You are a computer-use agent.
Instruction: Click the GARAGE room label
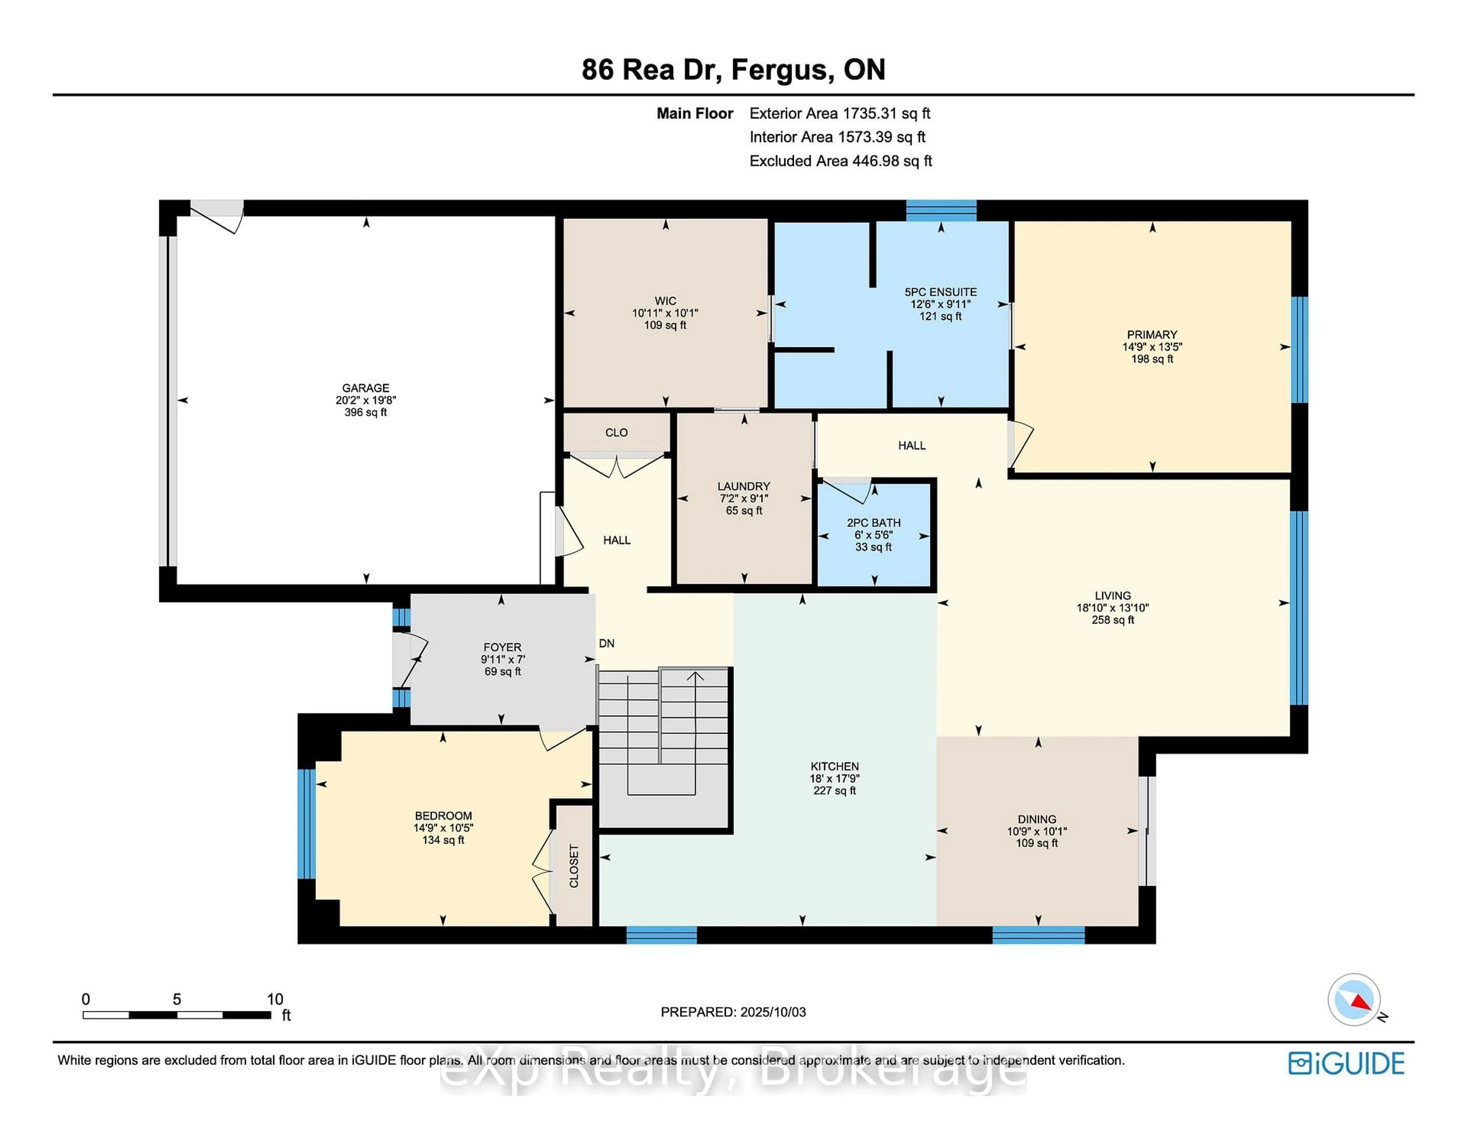[x=365, y=388]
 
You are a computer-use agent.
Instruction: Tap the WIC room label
[x=665, y=301]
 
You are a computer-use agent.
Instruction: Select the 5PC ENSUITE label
[x=941, y=292]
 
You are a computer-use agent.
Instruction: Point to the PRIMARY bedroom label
[x=1152, y=335]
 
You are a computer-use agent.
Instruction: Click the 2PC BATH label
[x=873, y=523]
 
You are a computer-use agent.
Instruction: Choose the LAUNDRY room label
[x=743, y=486]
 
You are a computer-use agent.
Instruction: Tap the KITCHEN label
[x=834, y=766]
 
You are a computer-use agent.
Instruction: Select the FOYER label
[x=502, y=648]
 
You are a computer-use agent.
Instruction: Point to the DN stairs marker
[x=607, y=643]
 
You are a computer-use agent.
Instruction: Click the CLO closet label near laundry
[x=616, y=433]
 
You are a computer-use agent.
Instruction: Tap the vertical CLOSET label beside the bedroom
[x=574, y=866]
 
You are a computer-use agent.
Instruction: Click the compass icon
[x=1354, y=1000]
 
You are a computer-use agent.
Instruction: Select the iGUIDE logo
[x=1346, y=1063]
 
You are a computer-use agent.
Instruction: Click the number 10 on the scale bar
[x=275, y=999]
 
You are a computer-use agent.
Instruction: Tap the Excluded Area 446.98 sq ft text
[x=840, y=161]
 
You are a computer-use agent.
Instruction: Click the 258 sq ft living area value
[x=1112, y=620]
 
